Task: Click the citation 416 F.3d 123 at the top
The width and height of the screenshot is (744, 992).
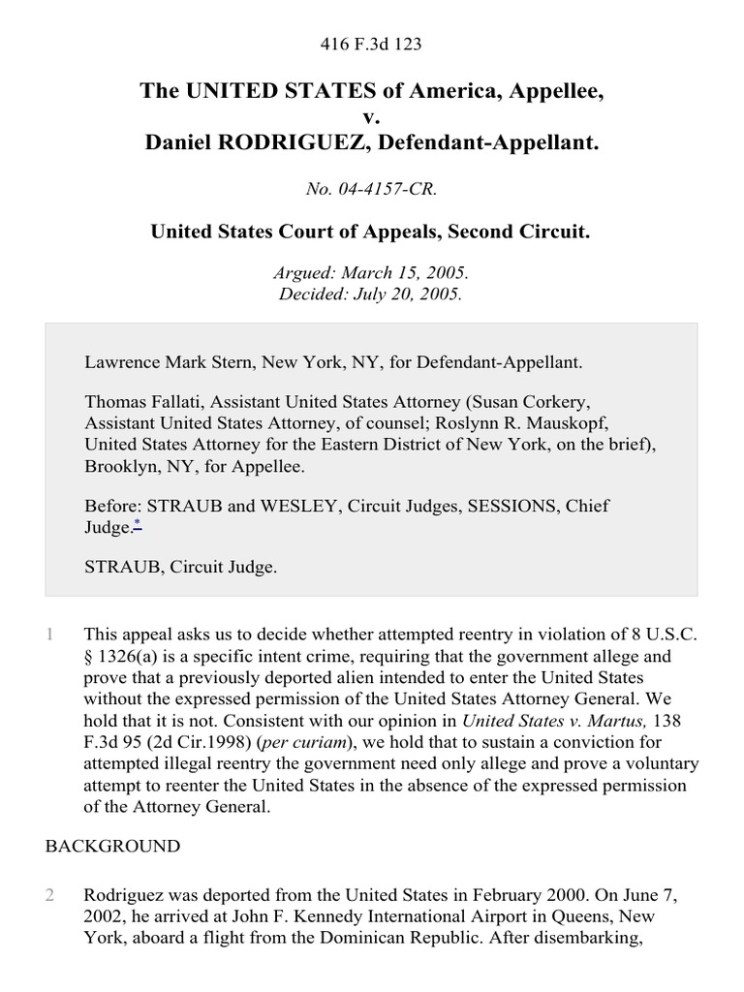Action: tap(371, 45)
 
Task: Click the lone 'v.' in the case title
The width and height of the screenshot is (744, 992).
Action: tap(371, 117)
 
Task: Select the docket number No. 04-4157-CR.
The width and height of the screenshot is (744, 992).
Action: tap(371, 190)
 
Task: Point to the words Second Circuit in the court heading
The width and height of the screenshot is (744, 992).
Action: tap(531, 232)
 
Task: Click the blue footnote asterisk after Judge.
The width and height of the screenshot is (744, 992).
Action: tap(138, 526)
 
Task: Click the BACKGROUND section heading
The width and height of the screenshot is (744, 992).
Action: tap(112, 846)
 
